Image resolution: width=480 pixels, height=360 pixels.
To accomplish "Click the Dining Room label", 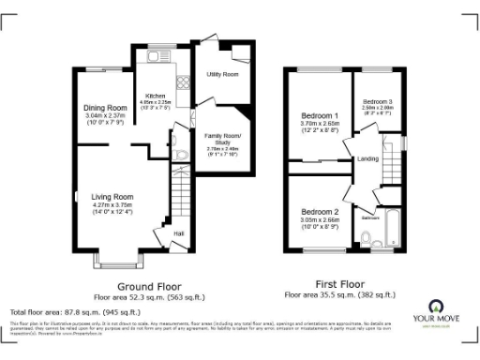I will click(x=105, y=107).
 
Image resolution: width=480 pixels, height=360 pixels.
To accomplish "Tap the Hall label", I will click(x=177, y=233).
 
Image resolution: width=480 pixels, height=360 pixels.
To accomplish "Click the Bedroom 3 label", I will click(x=377, y=100).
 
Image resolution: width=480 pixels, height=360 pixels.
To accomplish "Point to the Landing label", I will click(x=368, y=158).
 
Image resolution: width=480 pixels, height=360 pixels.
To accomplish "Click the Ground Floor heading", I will click(x=149, y=285).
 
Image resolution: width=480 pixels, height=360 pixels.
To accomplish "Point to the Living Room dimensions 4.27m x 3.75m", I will click(x=112, y=204).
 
